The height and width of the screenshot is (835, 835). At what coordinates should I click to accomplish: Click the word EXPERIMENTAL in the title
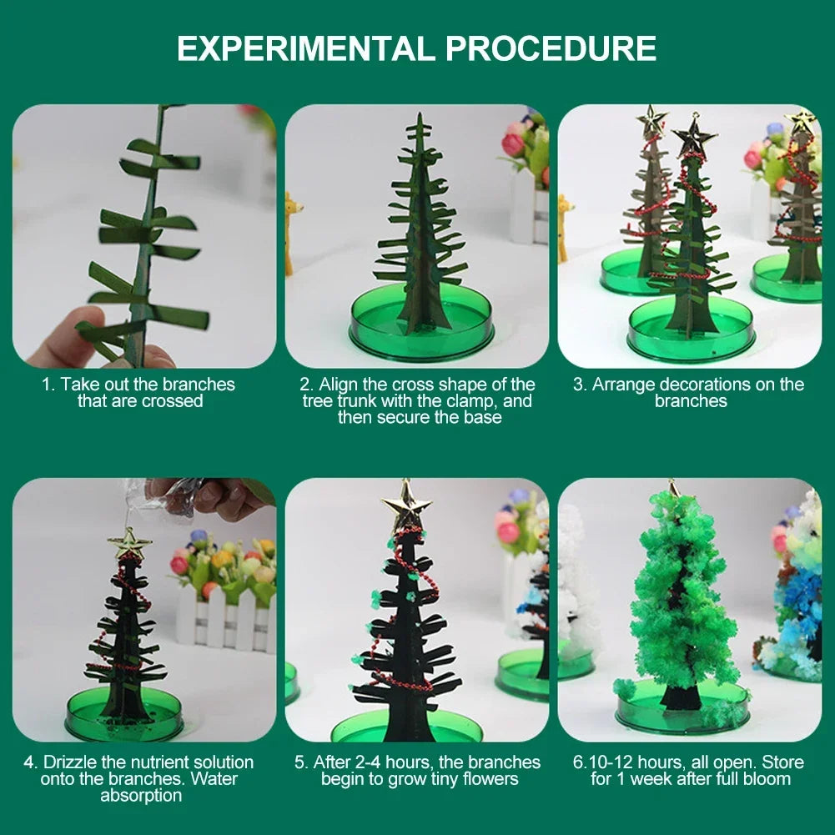coord(306,48)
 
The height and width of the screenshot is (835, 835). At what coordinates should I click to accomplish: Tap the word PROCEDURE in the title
coord(551,48)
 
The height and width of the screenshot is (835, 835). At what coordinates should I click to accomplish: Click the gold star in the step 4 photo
coord(129,543)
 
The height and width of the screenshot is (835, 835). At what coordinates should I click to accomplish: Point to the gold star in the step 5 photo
coord(407,505)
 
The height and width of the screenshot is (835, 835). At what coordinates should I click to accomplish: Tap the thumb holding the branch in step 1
coord(65,336)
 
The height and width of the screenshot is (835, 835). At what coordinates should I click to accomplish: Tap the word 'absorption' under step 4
coord(141,796)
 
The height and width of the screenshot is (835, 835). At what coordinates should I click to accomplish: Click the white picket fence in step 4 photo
coord(226,618)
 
